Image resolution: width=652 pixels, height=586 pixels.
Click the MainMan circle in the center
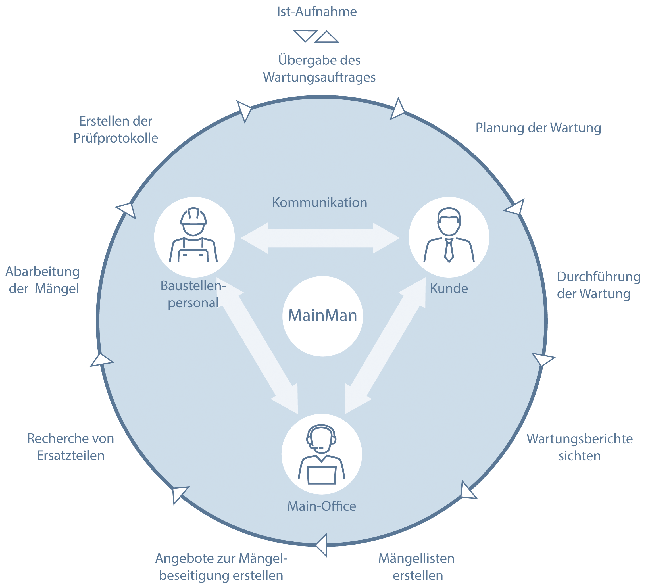322,316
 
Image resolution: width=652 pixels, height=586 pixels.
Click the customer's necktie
449,250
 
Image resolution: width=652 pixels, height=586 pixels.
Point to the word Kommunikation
319,203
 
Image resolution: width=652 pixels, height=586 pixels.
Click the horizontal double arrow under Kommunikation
320,238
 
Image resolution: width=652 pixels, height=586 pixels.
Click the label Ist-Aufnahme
317,12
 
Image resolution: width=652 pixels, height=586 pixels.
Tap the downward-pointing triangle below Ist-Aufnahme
305,35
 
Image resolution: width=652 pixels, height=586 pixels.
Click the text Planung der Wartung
538,128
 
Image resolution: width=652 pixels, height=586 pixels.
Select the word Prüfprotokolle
116,138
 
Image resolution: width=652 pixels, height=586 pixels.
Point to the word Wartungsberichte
580,439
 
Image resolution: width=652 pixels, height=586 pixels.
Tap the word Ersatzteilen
70,456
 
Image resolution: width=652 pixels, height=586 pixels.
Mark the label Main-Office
322,506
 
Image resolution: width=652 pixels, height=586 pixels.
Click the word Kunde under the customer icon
449,289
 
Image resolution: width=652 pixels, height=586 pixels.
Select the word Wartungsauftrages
319,77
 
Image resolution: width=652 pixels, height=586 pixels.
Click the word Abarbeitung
43,272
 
